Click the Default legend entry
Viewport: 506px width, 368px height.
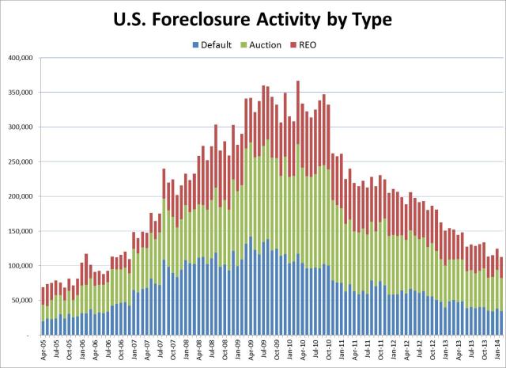(x=210, y=44)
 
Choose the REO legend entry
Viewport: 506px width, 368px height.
(x=314, y=44)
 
